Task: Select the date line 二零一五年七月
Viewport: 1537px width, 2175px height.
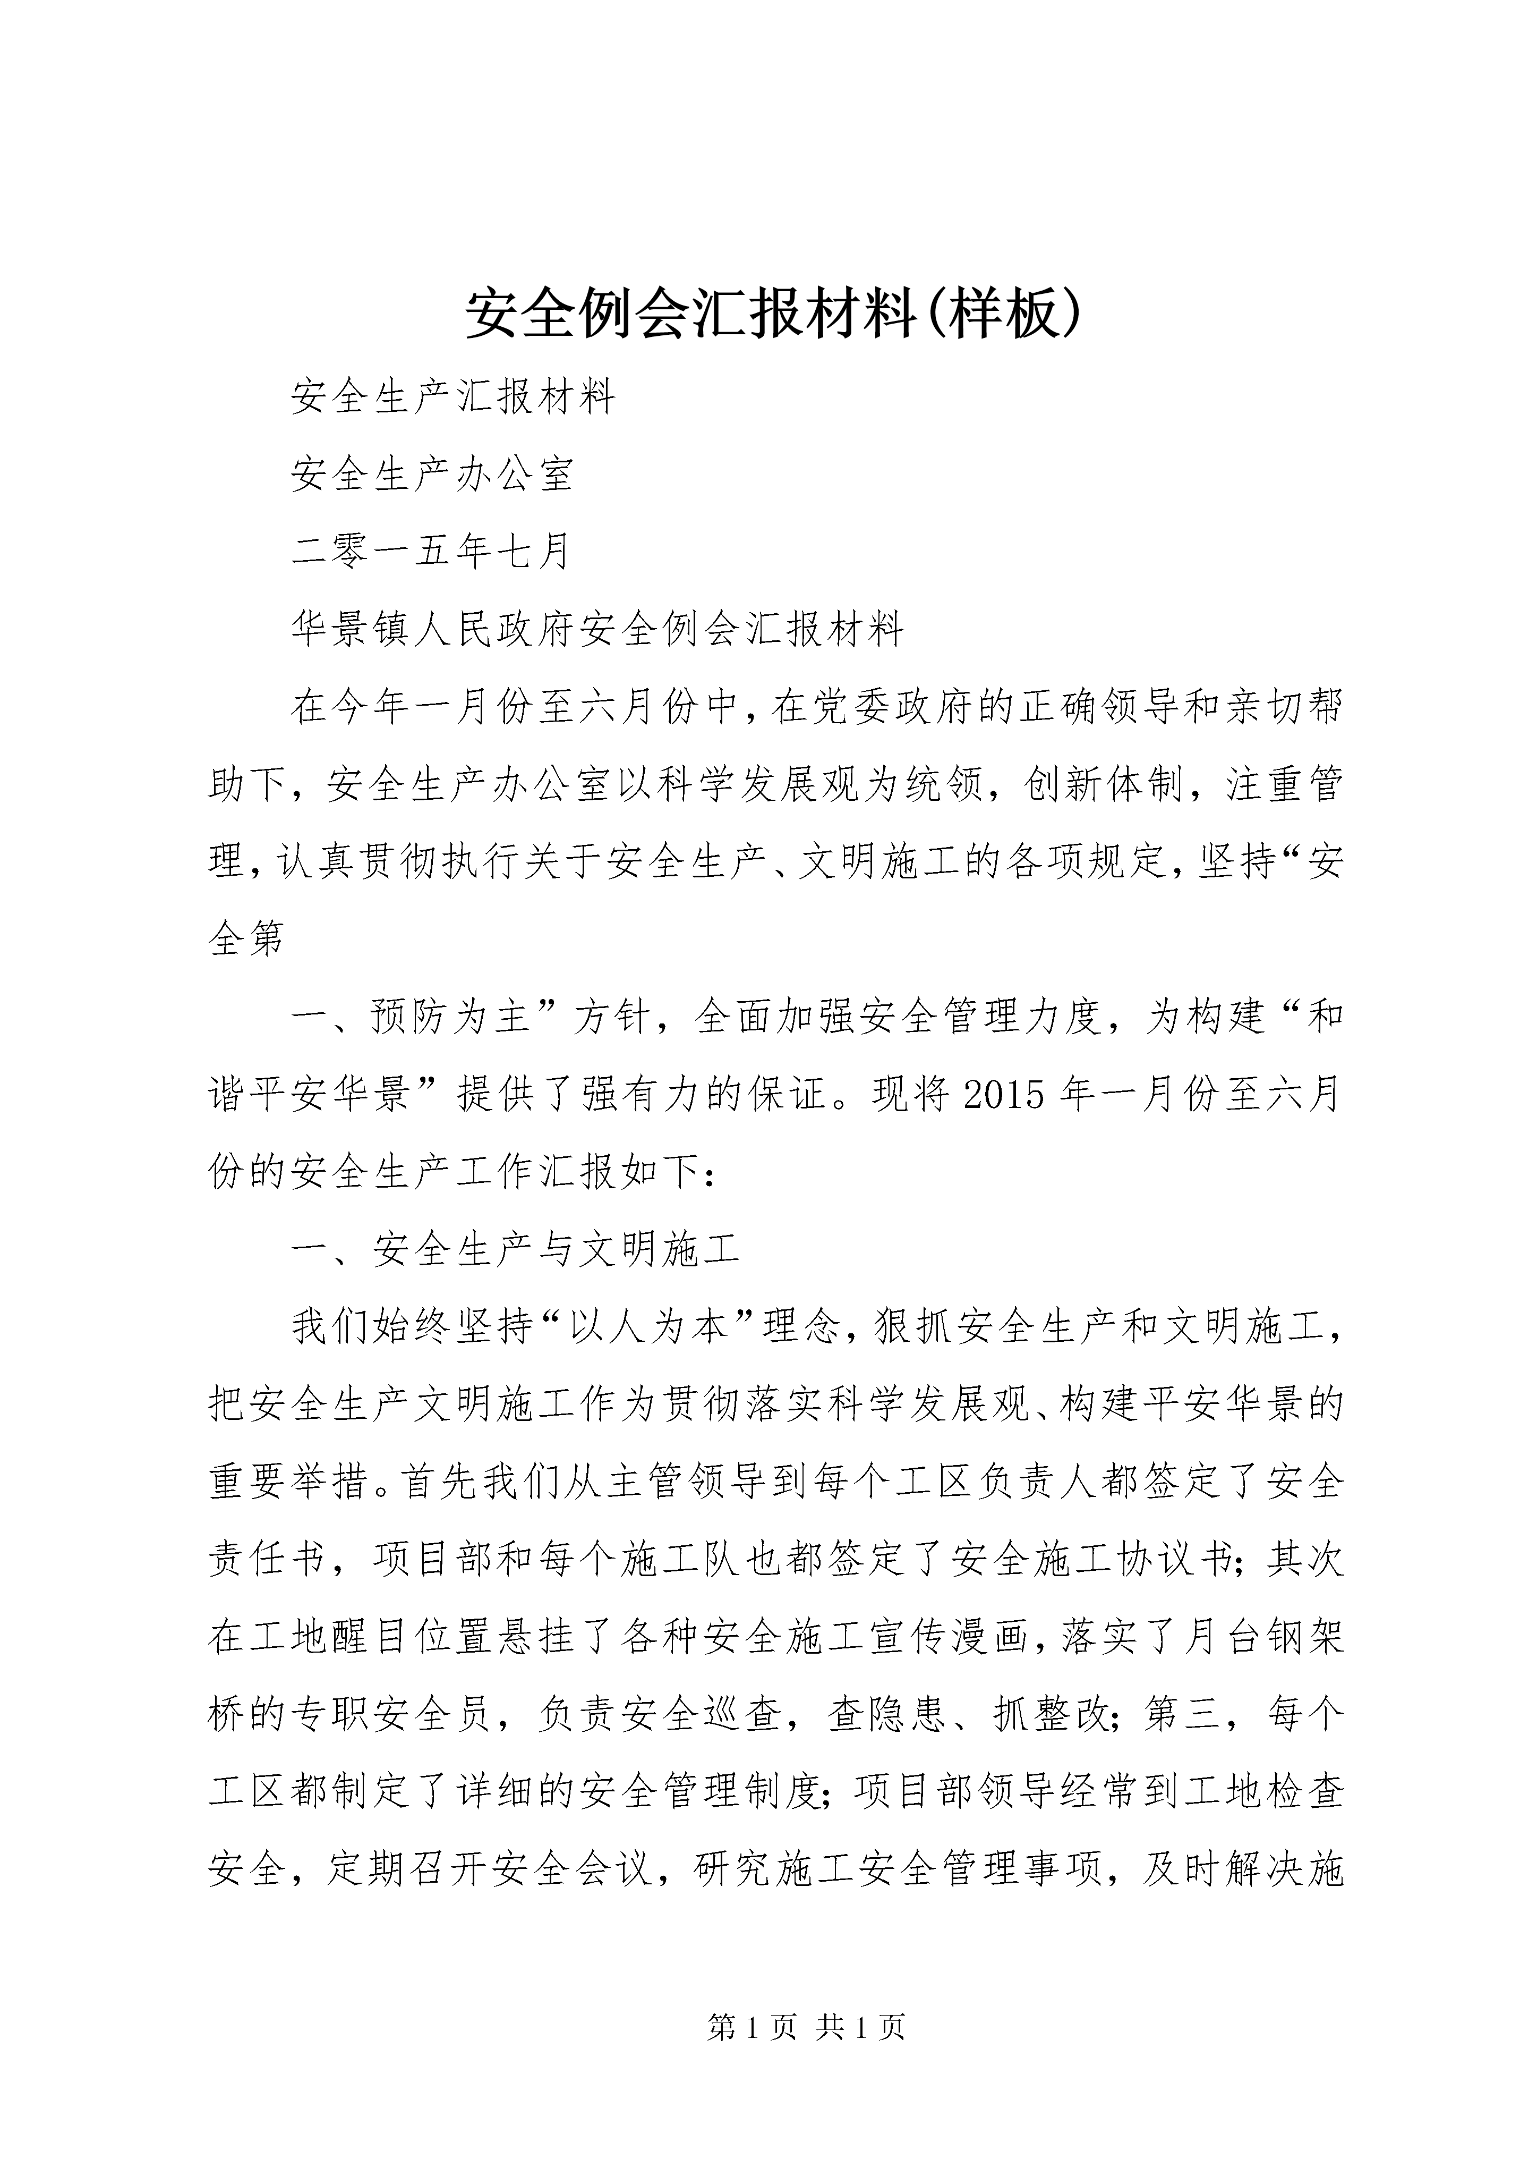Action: (x=430, y=552)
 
